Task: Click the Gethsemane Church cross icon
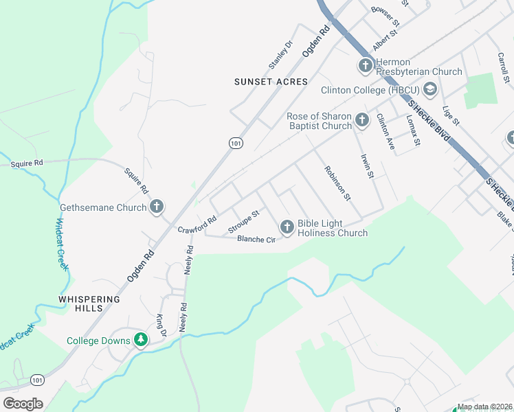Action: tap(157, 206)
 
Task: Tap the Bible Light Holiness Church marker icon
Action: tap(287, 226)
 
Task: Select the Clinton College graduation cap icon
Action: tap(429, 89)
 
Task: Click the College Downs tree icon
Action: tap(140, 339)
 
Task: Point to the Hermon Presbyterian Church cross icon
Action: tap(364, 66)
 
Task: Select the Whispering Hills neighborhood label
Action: tap(89, 304)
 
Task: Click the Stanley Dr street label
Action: tap(280, 54)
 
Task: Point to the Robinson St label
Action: tap(337, 183)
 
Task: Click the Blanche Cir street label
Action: tap(256, 239)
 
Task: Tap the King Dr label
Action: tap(161, 325)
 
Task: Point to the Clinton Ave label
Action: tap(385, 133)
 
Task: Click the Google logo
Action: tap(23, 404)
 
